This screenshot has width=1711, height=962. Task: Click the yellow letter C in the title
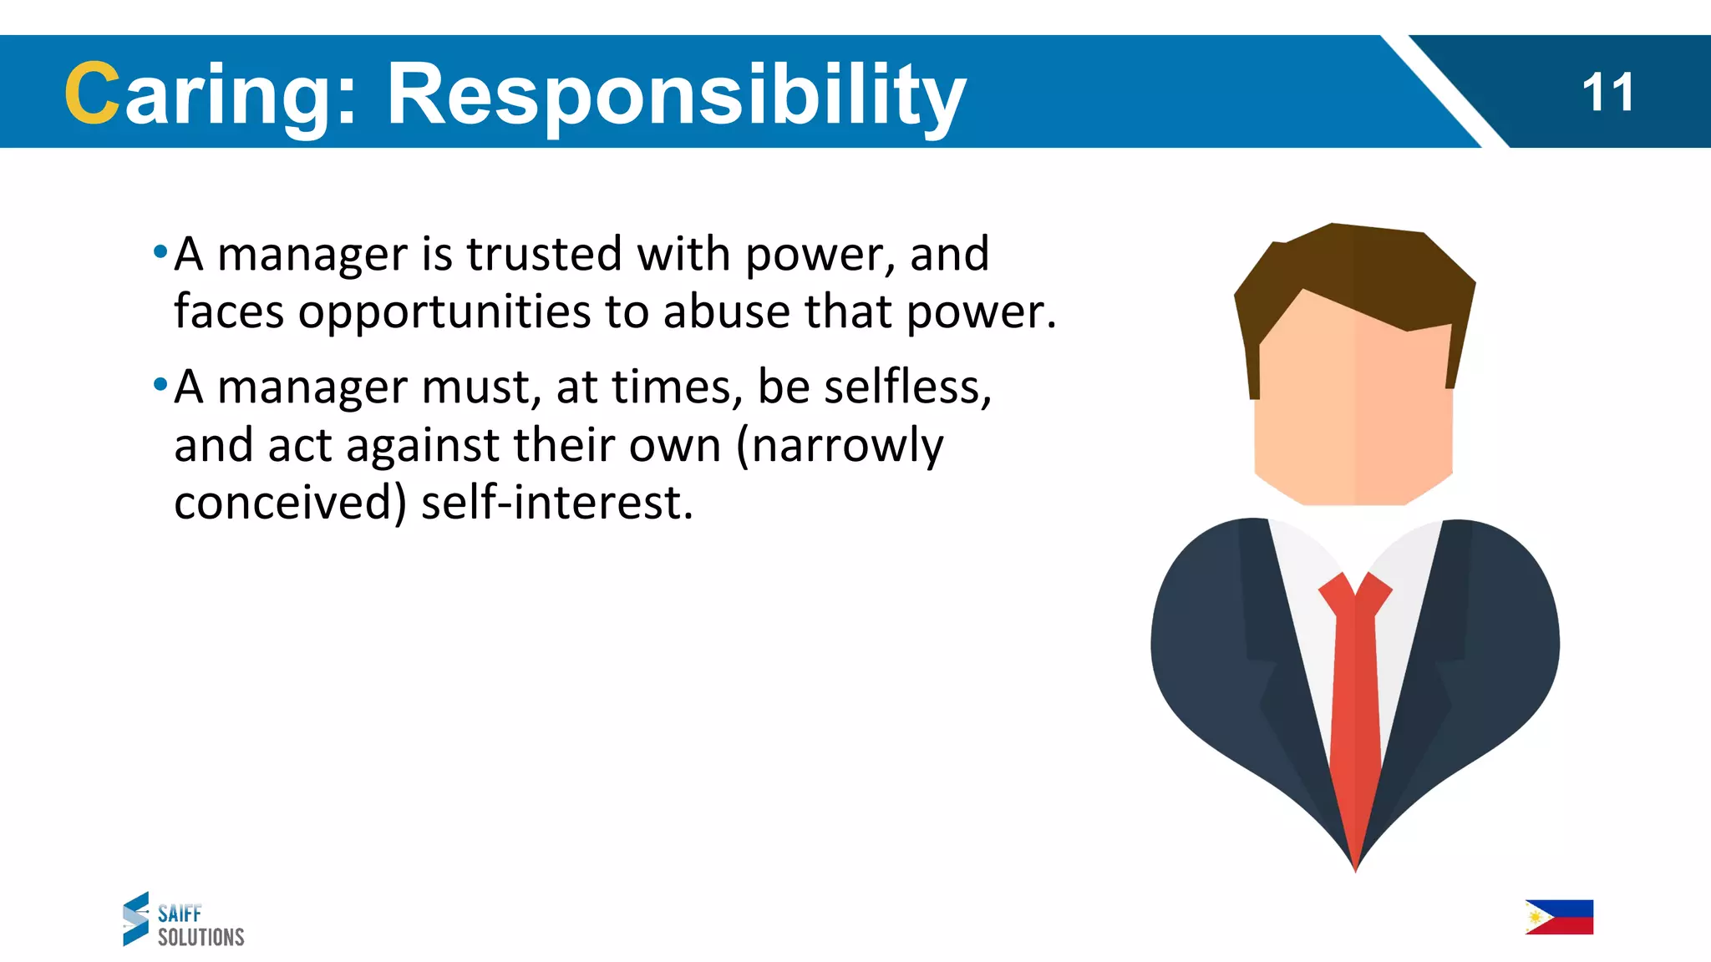(91, 94)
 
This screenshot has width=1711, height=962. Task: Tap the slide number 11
(1607, 93)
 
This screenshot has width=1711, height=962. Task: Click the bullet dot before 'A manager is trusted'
(160, 251)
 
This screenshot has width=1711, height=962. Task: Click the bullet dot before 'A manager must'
(160, 385)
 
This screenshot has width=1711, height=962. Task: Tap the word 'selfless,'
(907, 387)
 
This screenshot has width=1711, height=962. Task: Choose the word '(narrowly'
(840, 446)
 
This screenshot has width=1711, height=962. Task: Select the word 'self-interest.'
(557, 504)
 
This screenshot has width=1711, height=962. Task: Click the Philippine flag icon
(1559, 917)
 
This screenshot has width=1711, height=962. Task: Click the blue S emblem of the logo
(136, 919)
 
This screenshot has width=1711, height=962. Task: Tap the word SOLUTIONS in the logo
(201, 938)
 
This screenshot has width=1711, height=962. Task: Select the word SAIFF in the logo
(180, 913)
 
